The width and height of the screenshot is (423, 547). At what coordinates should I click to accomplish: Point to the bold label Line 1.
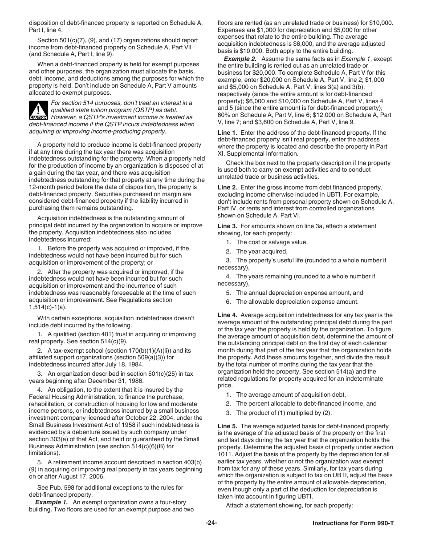tap(228, 133)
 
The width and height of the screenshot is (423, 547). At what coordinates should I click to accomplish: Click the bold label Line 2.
tap(228, 187)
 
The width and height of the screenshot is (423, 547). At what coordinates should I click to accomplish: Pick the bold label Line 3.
tap(228, 226)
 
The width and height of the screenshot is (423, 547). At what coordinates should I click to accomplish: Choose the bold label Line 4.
tap(228, 315)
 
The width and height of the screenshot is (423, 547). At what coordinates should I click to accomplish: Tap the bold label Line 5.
tap(228, 426)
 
